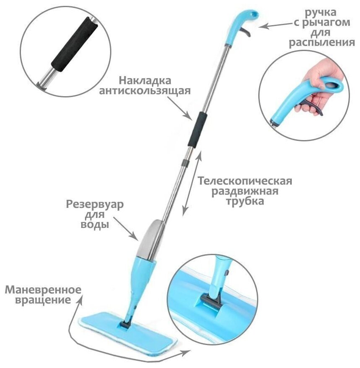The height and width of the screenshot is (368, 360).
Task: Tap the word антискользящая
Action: coord(145,91)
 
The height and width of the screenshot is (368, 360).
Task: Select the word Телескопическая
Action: coord(245,181)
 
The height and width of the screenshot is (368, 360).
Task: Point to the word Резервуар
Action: coord(95,205)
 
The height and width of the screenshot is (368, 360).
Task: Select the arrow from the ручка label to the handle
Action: coord(275,26)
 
